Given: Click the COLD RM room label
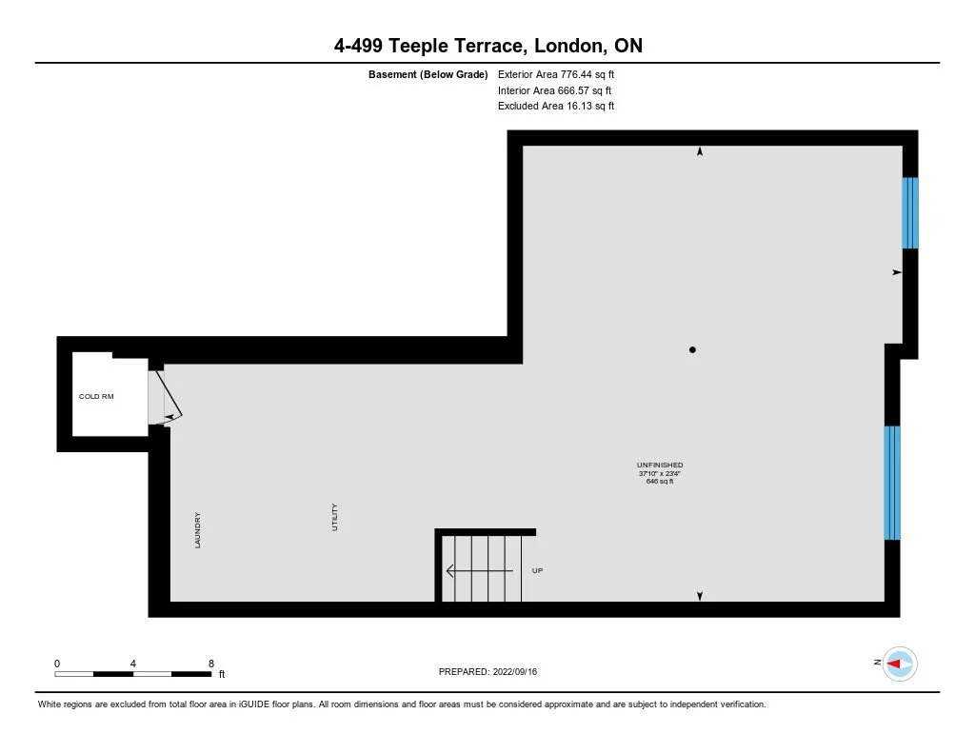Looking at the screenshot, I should pos(96,396).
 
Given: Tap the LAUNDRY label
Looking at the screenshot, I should pos(198,530).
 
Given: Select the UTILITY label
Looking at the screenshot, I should pos(335,518).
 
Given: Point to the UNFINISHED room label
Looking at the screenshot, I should pos(660,465).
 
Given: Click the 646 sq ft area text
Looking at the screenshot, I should pos(660,482).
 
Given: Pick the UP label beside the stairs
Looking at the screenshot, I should pos(537,570).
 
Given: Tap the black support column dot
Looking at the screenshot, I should pos(692,350).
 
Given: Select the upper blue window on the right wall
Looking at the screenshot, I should pos(910,212).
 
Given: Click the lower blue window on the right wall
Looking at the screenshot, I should pos(892,483).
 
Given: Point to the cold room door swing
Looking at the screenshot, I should pos(167,396).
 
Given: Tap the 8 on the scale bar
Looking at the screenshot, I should pos(210,663).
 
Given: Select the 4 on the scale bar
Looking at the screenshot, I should pos(133,663).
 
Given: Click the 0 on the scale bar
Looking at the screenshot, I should pos(57,663).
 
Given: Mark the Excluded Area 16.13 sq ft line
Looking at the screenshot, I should pos(555,107).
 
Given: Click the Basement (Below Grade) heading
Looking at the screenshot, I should pos(428,74).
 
